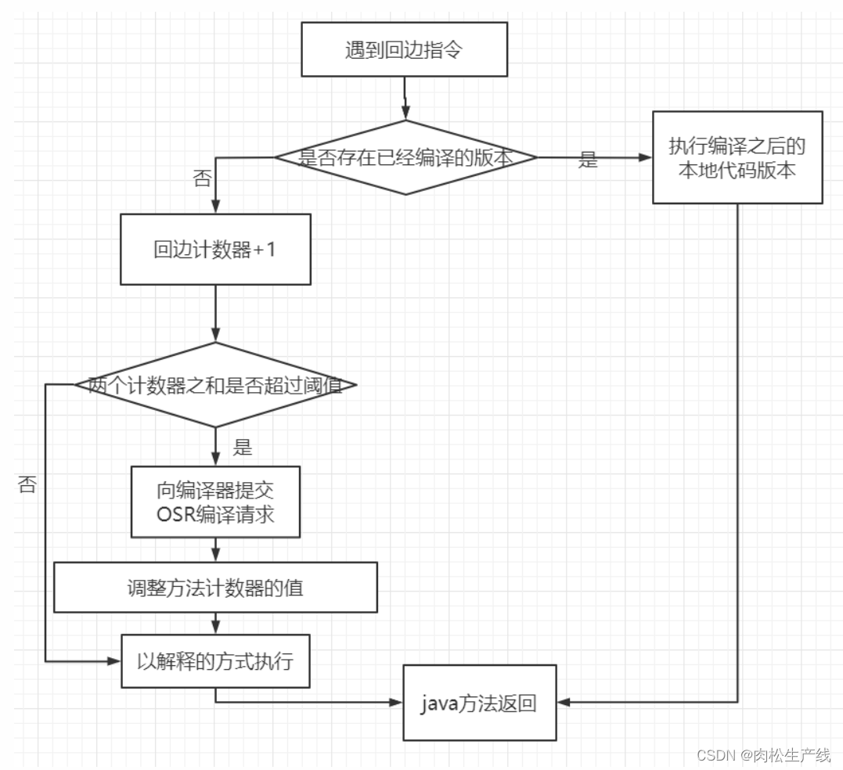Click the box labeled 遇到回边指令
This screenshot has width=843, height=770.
click(404, 49)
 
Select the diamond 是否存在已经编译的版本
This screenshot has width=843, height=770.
click(405, 157)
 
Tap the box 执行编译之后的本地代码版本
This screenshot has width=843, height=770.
click(737, 157)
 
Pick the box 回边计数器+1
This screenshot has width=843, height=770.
click(215, 249)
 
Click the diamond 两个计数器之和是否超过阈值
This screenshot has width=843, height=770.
click(215, 385)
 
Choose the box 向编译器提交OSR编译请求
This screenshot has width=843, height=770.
click(215, 502)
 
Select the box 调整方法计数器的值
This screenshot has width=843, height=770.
click(215, 587)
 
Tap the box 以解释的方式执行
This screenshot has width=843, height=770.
click(215, 660)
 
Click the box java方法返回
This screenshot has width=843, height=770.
click(479, 703)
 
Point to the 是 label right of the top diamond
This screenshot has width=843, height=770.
click(588, 161)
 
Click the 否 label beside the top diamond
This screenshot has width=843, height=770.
click(201, 178)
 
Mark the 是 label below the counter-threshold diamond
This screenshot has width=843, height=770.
click(243, 448)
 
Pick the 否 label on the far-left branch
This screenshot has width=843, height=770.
click(27, 484)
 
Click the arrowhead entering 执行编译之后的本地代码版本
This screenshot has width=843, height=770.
click(646, 157)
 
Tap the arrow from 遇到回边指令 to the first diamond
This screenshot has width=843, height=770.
click(405, 98)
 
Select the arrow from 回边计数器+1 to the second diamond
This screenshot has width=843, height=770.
click(215, 313)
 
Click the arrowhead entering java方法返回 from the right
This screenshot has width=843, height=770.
click(564, 703)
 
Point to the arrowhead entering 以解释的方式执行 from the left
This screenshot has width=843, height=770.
click(114, 661)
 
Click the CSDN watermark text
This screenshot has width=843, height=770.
click(763, 755)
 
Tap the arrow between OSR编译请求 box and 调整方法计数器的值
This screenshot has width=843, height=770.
click(215, 549)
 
